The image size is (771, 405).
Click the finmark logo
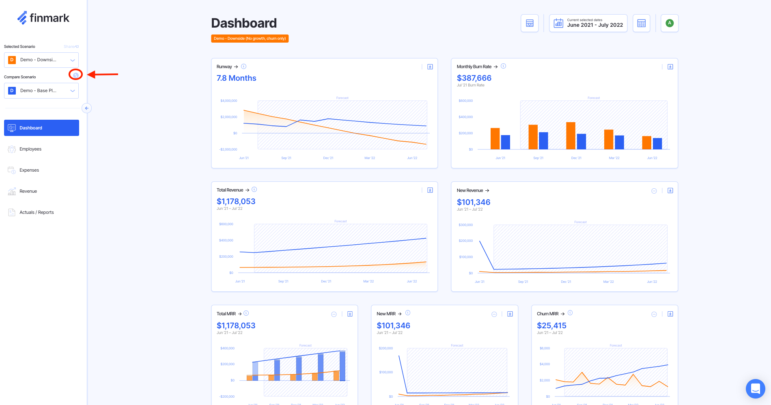coord(43,18)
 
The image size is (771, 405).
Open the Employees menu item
coord(30,149)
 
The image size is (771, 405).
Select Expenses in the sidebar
coord(29,170)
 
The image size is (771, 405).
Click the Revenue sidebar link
coord(28,191)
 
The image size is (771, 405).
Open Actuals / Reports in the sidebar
coord(36,212)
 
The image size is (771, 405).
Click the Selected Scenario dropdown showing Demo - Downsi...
coord(41,60)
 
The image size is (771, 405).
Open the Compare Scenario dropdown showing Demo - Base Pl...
coord(41,90)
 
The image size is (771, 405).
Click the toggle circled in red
coord(75,75)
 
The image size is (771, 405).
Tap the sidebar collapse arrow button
coord(86,108)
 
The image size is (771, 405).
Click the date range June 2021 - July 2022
coord(588,23)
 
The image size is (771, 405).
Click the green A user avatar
coord(670,23)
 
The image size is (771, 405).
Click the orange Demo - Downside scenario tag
coord(250,39)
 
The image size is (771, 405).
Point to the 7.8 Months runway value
coord(236,78)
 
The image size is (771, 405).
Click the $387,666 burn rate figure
coord(474,78)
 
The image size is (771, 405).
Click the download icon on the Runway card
coord(430,67)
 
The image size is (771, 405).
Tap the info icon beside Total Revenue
coord(254,190)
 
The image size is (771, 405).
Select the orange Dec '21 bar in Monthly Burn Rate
coord(571,136)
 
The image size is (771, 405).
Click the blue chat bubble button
coord(755,388)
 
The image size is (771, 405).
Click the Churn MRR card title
coord(547,314)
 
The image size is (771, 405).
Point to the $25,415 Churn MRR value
coord(551,325)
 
